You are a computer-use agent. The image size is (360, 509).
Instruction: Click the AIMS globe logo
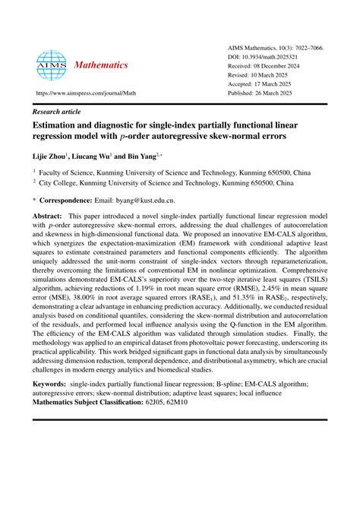click(x=52, y=65)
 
